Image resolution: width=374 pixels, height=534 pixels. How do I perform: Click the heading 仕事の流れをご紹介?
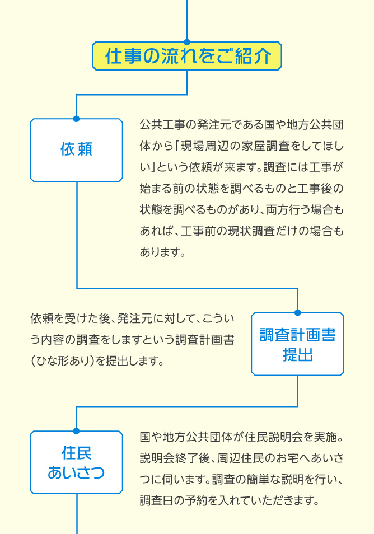click(x=188, y=56)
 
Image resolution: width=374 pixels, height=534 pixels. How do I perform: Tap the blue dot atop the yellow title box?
click(x=187, y=42)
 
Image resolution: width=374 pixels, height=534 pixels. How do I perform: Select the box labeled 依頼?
click(x=76, y=150)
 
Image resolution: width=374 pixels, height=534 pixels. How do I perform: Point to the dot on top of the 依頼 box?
click(x=76, y=119)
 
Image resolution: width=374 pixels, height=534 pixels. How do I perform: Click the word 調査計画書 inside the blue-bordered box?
click(x=298, y=335)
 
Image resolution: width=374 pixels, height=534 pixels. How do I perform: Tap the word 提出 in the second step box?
click(x=298, y=354)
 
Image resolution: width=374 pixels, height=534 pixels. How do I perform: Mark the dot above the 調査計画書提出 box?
click(x=298, y=313)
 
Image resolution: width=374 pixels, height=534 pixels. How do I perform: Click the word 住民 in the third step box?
click(x=76, y=453)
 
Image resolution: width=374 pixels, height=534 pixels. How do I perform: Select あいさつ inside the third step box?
click(x=76, y=472)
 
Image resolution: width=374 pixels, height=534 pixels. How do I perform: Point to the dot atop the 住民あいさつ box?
click(x=76, y=431)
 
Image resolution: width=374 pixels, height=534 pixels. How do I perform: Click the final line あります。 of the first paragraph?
click(x=162, y=252)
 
